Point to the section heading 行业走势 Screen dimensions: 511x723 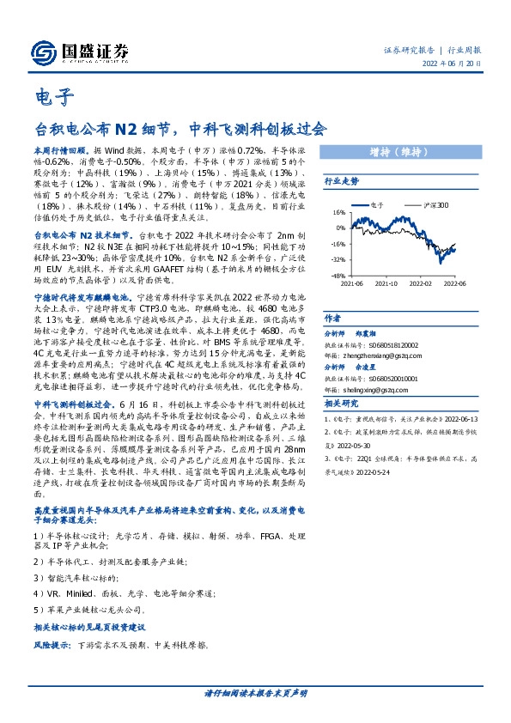tap(341, 182)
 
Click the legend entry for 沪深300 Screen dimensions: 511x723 tap(436, 206)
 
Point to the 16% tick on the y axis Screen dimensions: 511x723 tap(338, 211)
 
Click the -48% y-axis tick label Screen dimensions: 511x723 tap(338, 276)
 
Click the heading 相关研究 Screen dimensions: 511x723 tap(341, 403)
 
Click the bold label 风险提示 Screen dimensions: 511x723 tap(52, 643)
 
